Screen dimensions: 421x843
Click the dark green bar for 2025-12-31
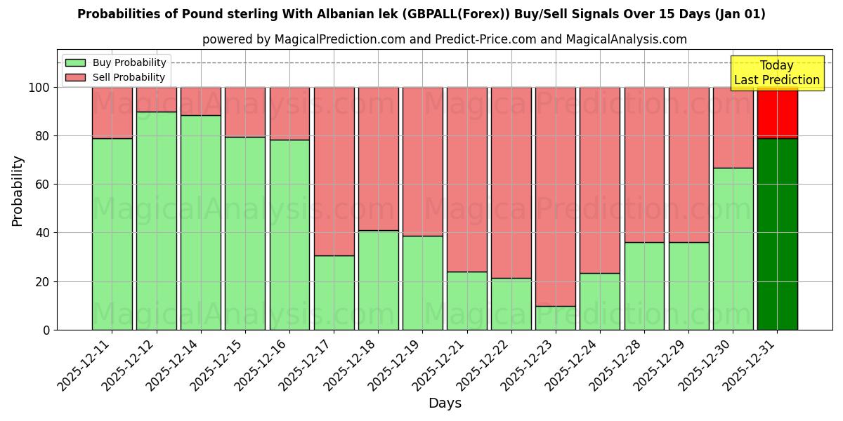[x=777, y=234]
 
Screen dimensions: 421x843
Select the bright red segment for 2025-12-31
[x=777, y=113]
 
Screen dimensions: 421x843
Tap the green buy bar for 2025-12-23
[x=556, y=318]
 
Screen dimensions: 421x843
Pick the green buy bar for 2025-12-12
[x=156, y=220]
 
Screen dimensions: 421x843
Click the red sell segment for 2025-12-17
[x=334, y=171]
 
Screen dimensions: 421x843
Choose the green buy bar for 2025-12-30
[x=733, y=248]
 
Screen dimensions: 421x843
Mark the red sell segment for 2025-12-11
[x=112, y=112]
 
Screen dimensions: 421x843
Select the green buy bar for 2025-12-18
[x=378, y=280]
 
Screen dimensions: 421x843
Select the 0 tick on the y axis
[x=46, y=330]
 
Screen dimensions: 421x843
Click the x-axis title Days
[x=445, y=403]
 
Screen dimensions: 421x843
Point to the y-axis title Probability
[x=18, y=191]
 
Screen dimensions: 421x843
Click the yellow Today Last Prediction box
[x=776, y=73]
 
